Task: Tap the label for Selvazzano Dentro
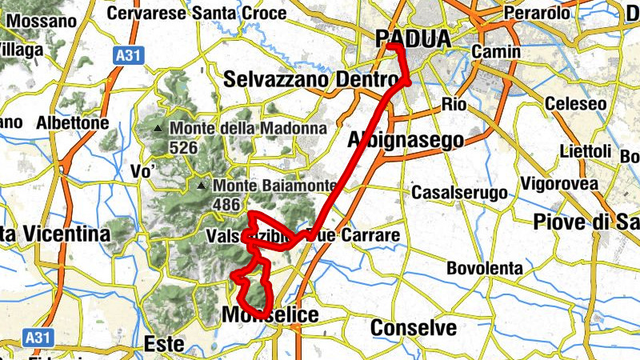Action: (x=311, y=80)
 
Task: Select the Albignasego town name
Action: (x=406, y=140)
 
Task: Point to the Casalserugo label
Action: (x=459, y=193)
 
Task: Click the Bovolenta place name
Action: (x=484, y=268)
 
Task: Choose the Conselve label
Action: (x=414, y=327)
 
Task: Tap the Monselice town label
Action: (x=270, y=315)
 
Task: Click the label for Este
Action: (x=163, y=344)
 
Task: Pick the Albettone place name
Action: (x=72, y=124)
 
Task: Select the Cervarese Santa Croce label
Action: (x=197, y=13)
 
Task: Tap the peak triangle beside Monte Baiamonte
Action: (x=201, y=186)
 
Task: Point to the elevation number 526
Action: (x=184, y=147)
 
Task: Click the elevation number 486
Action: (x=227, y=205)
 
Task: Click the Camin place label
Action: (x=496, y=51)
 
